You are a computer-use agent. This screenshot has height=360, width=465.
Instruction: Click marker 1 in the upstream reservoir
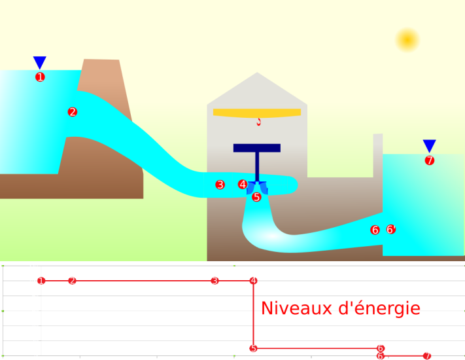40,77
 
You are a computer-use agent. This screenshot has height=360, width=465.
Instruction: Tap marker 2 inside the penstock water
73,112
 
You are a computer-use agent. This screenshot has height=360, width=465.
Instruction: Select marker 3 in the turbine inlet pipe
220,185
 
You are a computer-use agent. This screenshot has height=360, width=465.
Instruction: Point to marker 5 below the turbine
256,196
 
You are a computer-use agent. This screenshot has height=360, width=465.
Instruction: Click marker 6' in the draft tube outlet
390,230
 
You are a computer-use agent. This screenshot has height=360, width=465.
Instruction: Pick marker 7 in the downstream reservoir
429,160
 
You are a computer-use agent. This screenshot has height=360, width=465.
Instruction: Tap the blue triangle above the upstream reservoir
40,62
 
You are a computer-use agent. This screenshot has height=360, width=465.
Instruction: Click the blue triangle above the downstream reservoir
429,145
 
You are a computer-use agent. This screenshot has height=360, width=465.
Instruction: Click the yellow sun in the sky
407,41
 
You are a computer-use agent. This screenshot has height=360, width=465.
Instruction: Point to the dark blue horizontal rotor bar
256,148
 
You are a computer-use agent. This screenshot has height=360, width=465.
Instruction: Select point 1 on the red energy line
41,281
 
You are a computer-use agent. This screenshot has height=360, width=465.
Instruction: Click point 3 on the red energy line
215,281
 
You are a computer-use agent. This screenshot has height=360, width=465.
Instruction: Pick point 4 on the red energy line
254,281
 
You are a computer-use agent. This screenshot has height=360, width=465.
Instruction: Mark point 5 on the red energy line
253,348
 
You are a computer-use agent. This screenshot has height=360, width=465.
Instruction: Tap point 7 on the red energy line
427,356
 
